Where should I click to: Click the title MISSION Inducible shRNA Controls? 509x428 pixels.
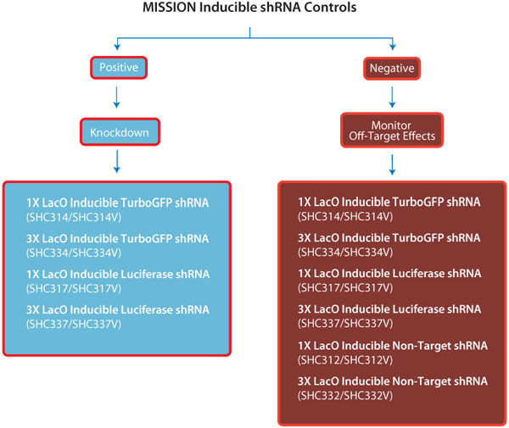coord(254,9)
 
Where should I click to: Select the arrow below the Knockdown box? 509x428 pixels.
coord(115,162)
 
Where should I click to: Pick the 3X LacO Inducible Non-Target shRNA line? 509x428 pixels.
coord(389,380)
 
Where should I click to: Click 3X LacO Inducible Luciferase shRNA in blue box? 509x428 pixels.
coord(117,309)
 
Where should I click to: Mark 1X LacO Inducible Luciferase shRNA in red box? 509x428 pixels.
coord(389,273)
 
